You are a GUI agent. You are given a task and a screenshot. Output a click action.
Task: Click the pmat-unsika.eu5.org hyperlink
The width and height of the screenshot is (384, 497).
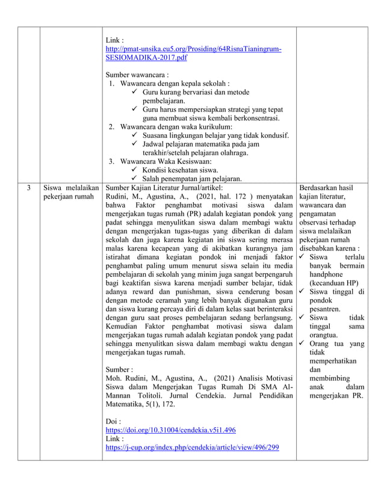pyautogui.click(x=193, y=48)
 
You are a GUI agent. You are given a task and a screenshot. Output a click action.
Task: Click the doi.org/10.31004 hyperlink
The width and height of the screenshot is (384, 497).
pyautogui.click(x=170, y=430)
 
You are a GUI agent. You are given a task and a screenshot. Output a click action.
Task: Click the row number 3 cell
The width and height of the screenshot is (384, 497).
pyautogui.click(x=28, y=188)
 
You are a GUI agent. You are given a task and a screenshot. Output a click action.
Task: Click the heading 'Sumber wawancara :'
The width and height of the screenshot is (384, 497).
pyautogui.click(x=133, y=74)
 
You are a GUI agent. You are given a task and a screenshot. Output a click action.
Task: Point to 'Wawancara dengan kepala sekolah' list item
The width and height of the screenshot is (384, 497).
pyautogui.click(x=175, y=83)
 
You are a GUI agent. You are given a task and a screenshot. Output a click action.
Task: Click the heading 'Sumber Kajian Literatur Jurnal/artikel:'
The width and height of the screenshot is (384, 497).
pyautogui.click(x=164, y=188)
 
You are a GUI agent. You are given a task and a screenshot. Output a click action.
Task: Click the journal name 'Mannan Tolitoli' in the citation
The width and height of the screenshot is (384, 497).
pyautogui.click(x=138, y=396)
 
